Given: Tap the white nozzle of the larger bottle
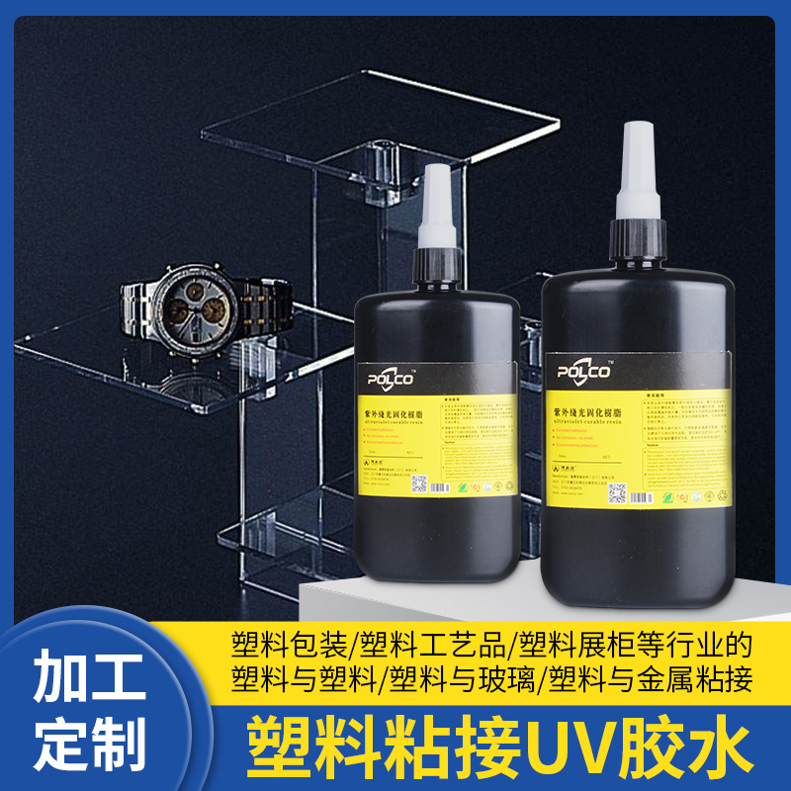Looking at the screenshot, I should pos(638,173).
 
